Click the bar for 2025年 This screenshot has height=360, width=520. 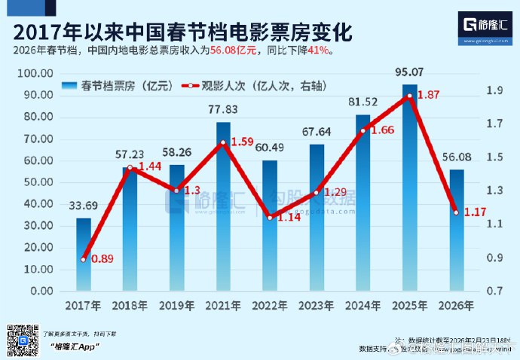coord(409,188)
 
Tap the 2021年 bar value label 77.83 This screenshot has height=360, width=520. coord(223,109)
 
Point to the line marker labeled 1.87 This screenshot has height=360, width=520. coord(409,96)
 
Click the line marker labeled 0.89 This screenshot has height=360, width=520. coord(84,259)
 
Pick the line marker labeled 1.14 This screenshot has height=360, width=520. coord(270,218)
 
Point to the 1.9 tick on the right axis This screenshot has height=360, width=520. coord(494,90)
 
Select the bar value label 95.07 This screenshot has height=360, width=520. coord(409,73)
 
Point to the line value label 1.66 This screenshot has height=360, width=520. coord(381,130)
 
